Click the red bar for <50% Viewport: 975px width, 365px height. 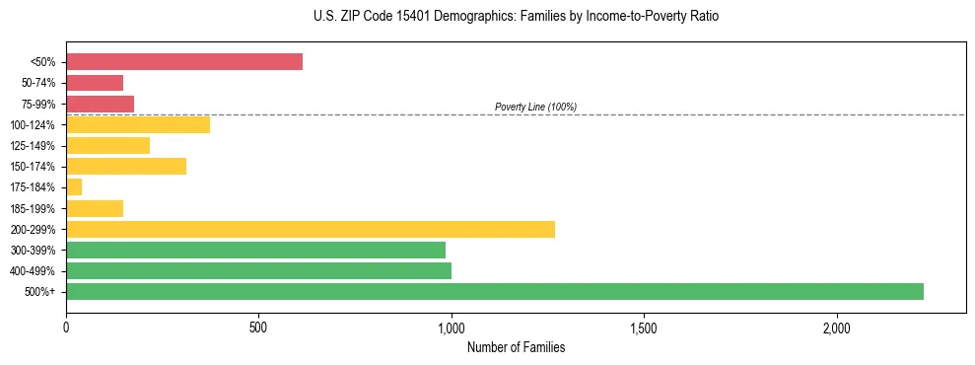pos(184,62)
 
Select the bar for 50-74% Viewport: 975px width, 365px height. pos(95,83)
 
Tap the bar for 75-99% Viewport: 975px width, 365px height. pos(100,104)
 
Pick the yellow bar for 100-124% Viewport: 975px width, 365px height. pos(138,124)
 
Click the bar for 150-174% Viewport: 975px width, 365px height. pos(126,166)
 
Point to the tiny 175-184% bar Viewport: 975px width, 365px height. pos(74,186)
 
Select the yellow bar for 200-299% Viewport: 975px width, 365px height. pos(311,229)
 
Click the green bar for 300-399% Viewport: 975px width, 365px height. pos(255,250)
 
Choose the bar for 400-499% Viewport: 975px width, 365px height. pos(258,270)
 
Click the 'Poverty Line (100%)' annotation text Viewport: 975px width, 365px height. pos(535,107)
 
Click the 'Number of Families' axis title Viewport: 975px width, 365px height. pos(516,347)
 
